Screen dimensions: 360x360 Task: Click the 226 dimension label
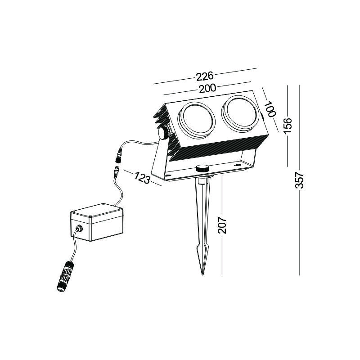pos(205,76)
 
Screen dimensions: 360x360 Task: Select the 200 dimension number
pos(207,89)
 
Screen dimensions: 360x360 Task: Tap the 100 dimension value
pos(270,109)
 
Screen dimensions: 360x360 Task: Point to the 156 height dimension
pos(288,126)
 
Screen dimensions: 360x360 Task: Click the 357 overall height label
pos(299,180)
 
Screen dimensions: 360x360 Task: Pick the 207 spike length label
pos(222,225)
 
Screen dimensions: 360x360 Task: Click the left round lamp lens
pos(197,120)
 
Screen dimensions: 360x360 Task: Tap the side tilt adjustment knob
pos(164,133)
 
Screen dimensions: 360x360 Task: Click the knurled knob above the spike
pos(202,168)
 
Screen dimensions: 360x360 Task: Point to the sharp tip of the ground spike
pos(202,274)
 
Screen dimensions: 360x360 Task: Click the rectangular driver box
pos(97,222)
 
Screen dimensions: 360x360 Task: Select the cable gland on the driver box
pos(80,229)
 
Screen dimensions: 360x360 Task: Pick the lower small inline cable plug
pos(117,172)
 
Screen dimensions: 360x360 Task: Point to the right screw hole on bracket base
pos(236,165)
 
